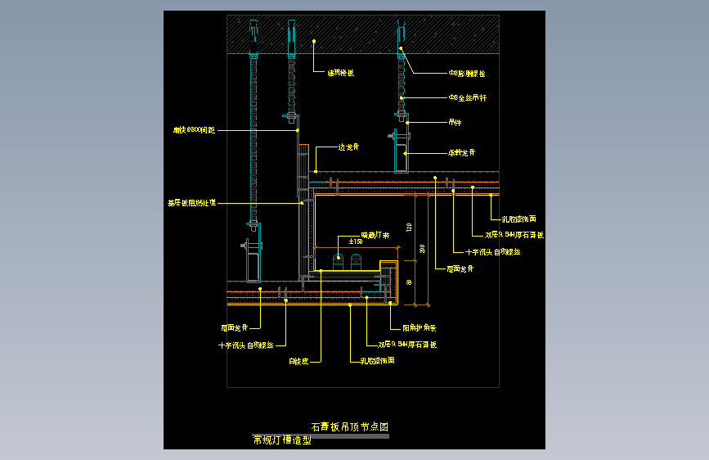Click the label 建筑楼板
[340, 73]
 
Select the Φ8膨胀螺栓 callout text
[466, 74]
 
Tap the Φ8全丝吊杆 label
[467, 98]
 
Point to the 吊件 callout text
[455, 124]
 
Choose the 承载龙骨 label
[461, 153]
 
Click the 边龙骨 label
[349, 147]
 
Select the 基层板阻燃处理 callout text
[191, 202]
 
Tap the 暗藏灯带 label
[375, 235]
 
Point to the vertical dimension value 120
[408, 227]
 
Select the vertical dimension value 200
[422, 248]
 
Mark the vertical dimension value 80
[408, 282]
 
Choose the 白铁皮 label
[298, 360]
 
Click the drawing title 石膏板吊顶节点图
[348, 426]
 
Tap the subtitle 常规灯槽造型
[282, 440]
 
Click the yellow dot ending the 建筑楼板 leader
[313, 39]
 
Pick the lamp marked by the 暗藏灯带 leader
[338, 260]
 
